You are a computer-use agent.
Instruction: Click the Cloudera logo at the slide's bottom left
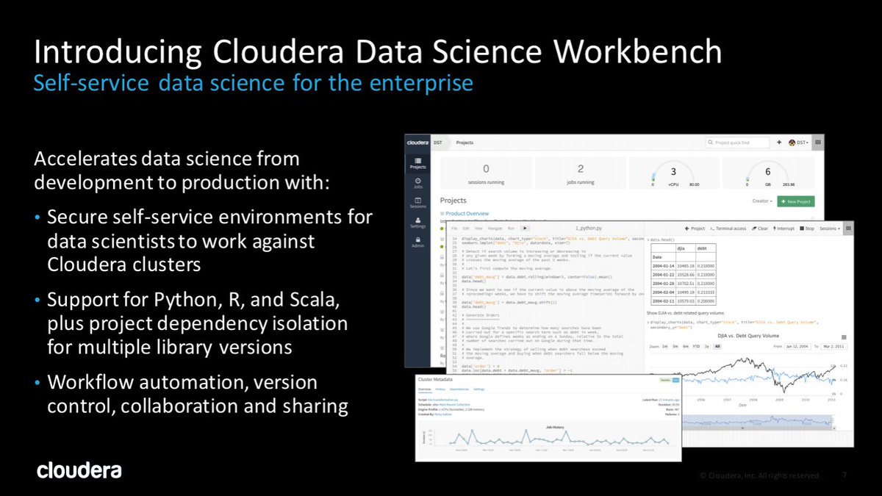click(79, 470)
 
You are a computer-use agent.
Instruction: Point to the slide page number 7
click(845, 475)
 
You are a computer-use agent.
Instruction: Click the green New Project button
click(795, 201)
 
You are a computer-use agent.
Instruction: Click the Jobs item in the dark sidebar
click(417, 183)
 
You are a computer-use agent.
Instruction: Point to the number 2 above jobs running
click(580, 169)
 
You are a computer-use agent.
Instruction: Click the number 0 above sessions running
click(485, 169)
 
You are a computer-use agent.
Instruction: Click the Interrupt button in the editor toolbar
click(783, 229)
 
